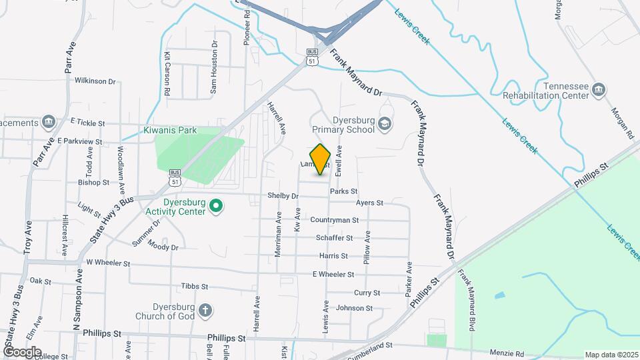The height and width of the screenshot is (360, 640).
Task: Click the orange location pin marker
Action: tap(321, 159)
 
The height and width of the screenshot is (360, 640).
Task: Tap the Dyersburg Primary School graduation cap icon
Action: tap(385, 123)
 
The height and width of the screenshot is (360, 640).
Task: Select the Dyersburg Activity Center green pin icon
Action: tap(216, 206)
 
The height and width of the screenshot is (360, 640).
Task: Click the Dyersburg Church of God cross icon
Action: tap(206, 310)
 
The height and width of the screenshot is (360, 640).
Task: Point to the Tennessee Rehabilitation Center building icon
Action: tap(599, 90)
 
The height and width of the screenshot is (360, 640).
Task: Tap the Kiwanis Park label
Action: tap(170, 131)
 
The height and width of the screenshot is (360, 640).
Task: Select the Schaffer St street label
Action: tap(334, 238)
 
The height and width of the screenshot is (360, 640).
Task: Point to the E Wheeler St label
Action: tap(333, 275)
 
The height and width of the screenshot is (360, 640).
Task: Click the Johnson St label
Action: tap(354, 308)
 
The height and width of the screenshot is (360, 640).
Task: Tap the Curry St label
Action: tap(367, 293)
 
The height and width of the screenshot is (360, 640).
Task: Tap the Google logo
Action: tap(22, 352)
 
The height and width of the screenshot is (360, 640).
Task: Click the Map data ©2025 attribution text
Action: tap(611, 355)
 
